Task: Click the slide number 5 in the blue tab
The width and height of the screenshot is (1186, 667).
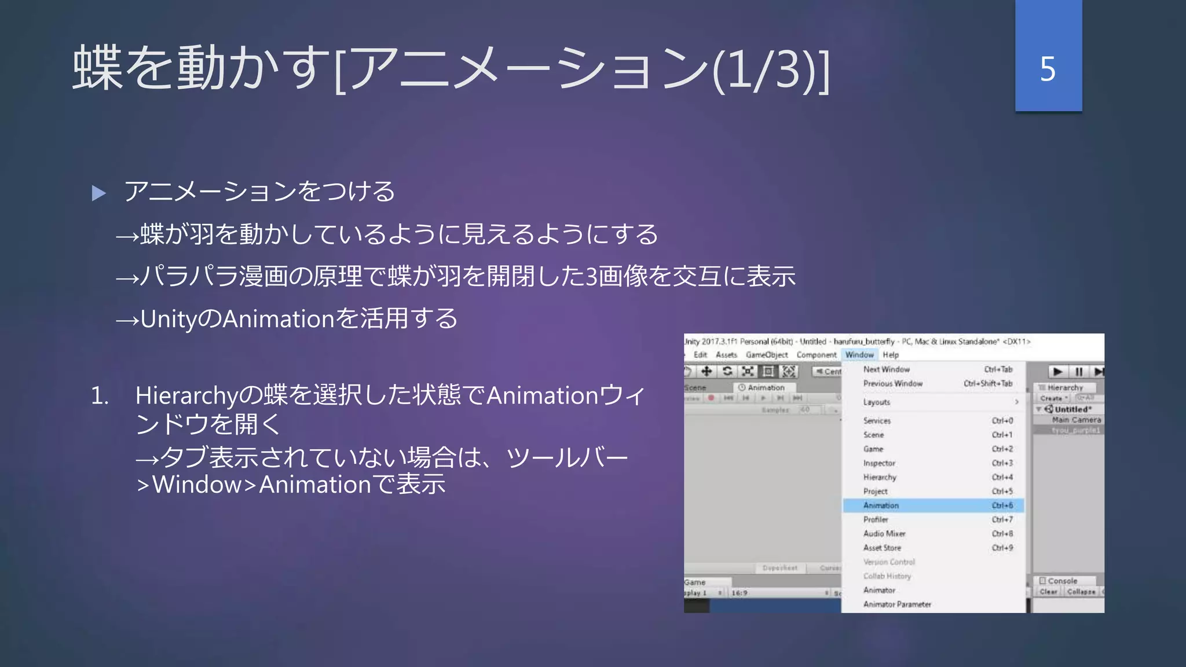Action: pos(1048,69)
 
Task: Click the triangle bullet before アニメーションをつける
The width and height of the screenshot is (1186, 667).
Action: pos(99,193)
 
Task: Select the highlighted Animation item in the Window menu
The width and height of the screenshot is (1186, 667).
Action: pos(881,505)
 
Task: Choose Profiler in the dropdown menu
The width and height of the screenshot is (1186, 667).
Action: pos(876,519)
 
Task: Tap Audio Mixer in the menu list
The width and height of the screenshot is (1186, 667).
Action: pos(884,534)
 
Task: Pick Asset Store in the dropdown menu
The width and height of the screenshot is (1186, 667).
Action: pos(882,548)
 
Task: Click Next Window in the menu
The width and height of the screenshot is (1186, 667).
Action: pos(886,369)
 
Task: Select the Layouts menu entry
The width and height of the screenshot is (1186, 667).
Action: pos(877,402)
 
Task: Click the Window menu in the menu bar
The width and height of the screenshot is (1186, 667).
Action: pos(859,355)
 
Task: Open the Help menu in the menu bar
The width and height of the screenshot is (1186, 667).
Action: pos(891,355)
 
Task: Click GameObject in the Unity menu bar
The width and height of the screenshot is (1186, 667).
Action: pos(767,355)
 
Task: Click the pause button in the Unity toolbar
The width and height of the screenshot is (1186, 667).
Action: pos(1078,372)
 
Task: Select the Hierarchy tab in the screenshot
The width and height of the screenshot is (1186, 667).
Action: pos(1064,387)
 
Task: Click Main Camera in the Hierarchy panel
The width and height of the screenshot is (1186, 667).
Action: pos(1076,420)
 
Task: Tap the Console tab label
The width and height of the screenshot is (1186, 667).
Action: pos(1062,581)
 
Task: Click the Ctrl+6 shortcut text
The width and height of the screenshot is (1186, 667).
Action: pos(1002,505)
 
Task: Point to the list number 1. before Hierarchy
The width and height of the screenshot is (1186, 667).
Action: pos(100,396)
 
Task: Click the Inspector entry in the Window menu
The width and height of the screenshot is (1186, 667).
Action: pos(879,463)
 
